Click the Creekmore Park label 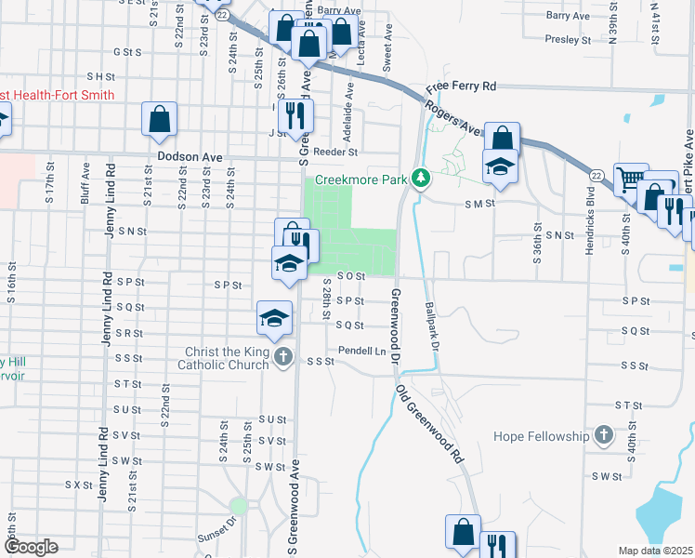361,179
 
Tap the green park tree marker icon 420,177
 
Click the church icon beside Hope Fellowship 604,435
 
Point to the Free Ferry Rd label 462,86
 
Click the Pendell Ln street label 361,352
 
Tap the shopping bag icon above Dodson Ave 160,118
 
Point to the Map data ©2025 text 655,551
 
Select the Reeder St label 335,152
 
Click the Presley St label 568,40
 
